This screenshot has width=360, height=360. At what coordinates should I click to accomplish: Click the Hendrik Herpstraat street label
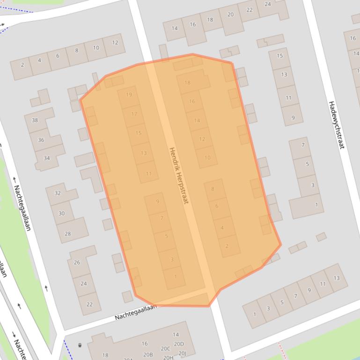pos(178,175)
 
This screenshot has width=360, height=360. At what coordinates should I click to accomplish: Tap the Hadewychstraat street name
pos(336,124)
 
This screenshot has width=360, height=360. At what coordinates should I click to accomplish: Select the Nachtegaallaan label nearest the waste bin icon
pos(135,311)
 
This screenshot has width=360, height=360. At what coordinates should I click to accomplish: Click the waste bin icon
pos(80,345)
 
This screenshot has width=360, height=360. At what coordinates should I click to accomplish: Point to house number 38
pos(35,120)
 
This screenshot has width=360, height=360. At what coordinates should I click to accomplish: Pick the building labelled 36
pos(41,140)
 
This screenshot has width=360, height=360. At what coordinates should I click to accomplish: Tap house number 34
pos(46,158)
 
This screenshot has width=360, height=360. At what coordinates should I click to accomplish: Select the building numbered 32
pos(58,193)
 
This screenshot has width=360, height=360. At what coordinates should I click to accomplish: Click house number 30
pos(61,213)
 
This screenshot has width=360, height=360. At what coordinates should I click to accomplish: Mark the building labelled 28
pos(68,233)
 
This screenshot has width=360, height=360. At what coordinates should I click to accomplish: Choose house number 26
pos(77,262)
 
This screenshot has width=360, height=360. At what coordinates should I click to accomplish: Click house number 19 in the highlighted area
pos(129,94)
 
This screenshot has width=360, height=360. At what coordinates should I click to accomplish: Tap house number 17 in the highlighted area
pos(134,114)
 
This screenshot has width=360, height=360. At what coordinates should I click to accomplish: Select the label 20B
pos(148,355)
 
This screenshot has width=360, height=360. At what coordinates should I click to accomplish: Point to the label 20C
pos(165,348)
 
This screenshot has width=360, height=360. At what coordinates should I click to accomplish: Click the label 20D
pos(179,344)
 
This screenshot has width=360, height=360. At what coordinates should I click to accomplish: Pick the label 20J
pos(182,353)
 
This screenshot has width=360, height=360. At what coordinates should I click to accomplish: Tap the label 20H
pos(168,357)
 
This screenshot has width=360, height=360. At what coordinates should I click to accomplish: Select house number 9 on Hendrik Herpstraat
pos(157,202)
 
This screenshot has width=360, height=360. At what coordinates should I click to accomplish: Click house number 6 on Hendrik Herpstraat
pos(217,206)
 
